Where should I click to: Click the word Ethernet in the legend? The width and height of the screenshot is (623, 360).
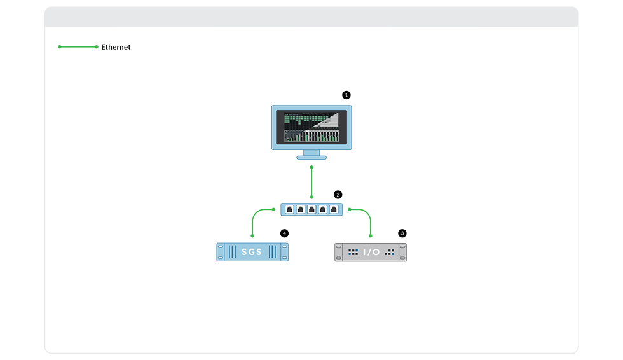[116, 47]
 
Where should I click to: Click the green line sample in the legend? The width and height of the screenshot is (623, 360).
[78, 47]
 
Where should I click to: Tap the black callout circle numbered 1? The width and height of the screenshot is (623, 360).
[346, 95]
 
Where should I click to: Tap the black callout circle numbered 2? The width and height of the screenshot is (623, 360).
[338, 194]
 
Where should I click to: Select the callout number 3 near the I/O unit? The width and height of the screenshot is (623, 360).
[402, 233]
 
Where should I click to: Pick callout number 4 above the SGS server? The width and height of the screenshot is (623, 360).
[284, 233]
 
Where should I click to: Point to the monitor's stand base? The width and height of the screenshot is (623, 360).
[311, 157]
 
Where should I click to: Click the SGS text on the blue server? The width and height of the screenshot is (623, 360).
[252, 252]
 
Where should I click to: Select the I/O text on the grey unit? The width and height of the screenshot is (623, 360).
[371, 252]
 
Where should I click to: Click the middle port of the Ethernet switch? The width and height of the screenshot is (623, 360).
[311, 209]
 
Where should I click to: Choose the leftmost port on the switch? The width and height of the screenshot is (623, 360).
[290, 209]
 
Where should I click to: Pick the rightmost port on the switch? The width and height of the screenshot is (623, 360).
[333, 209]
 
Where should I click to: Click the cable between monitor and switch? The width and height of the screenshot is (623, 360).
[311, 183]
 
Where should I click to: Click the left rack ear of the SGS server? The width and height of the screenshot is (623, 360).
[221, 252]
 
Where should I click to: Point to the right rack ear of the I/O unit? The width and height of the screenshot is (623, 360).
[402, 252]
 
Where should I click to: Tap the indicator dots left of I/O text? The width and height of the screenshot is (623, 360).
[353, 252]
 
